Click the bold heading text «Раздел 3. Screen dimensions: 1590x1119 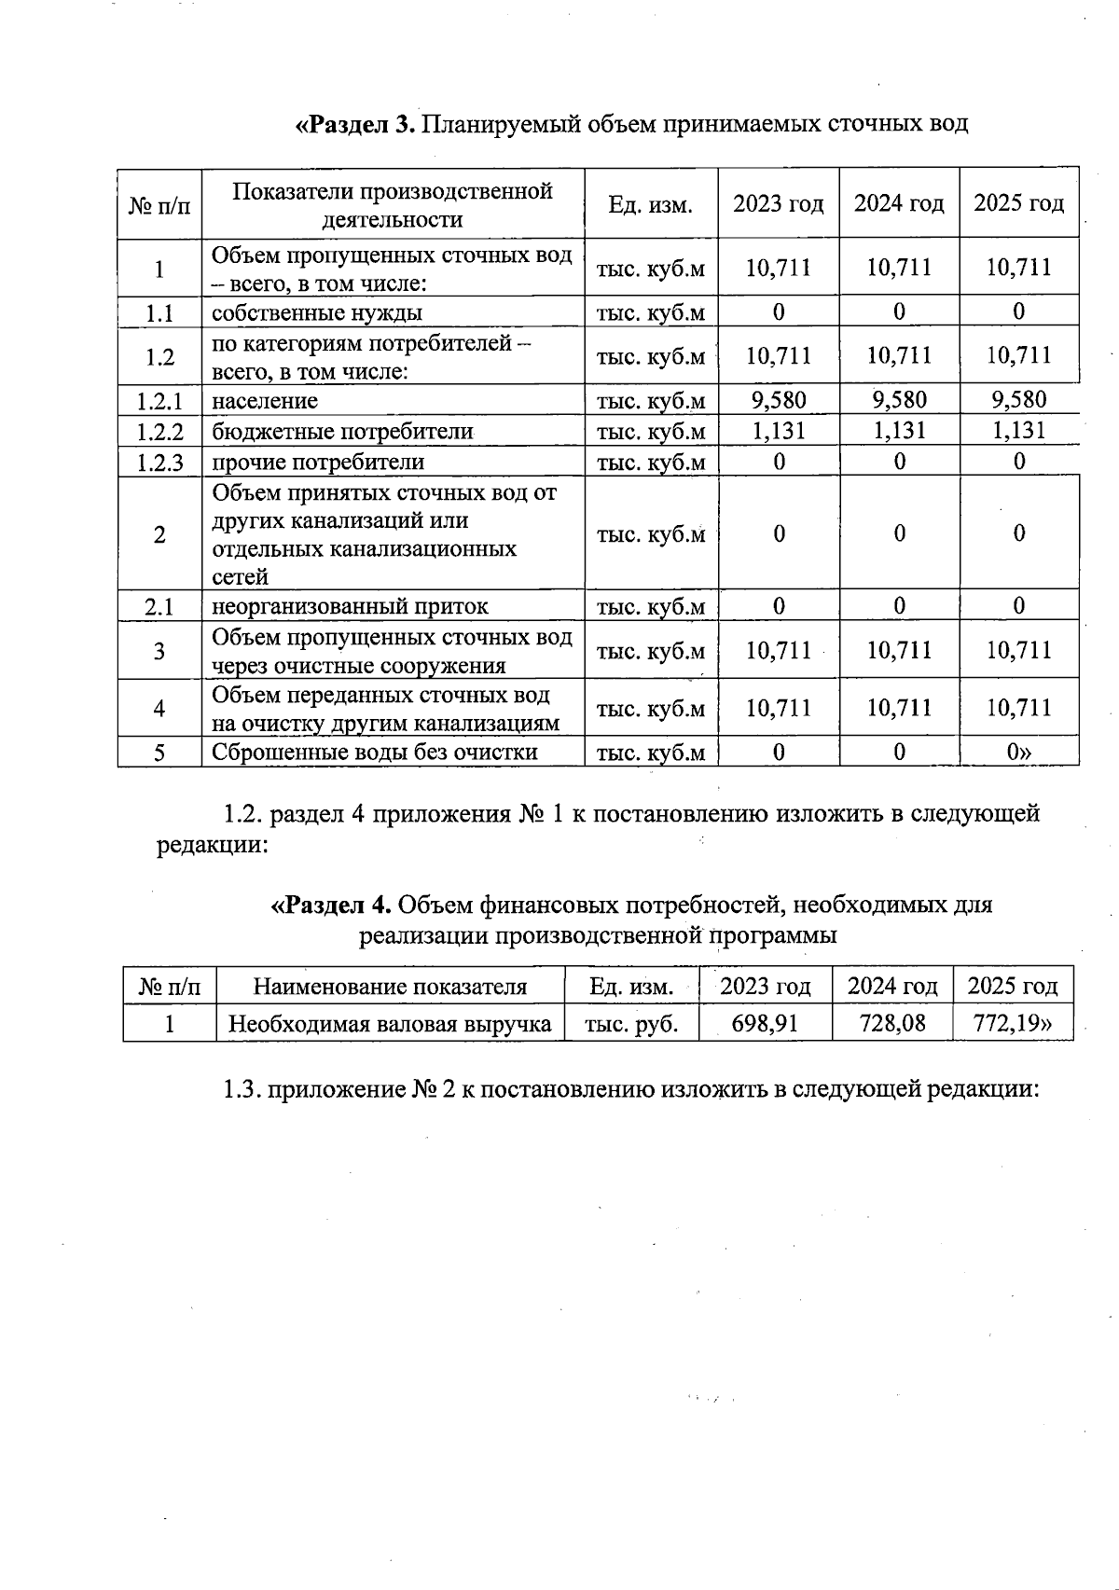click(x=355, y=124)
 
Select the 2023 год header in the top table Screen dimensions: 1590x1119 click(x=778, y=203)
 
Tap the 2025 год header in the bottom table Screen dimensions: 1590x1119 click(x=1012, y=986)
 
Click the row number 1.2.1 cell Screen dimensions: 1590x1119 click(x=159, y=401)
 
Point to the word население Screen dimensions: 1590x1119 click(x=265, y=401)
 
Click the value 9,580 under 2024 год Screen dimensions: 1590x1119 click(x=899, y=400)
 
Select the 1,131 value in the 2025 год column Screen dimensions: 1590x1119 click(x=1018, y=430)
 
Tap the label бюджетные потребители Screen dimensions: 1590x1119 click(x=342, y=432)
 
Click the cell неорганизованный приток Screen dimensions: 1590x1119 click(x=350, y=606)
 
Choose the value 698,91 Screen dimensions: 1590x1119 click(x=765, y=1024)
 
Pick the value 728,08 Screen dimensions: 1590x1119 click(x=892, y=1024)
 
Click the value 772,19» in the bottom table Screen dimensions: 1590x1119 click(x=1012, y=1024)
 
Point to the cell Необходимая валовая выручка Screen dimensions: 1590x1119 click(x=390, y=1024)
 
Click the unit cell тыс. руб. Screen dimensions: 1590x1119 click(x=630, y=1024)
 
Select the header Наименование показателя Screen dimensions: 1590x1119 click(x=390, y=987)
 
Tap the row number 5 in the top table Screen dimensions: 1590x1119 click(x=159, y=753)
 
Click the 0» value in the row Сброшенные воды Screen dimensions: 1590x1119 click(x=1018, y=752)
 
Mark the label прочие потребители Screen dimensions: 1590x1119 click(x=317, y=463)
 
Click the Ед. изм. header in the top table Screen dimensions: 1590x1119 click(x=650, y=204)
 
